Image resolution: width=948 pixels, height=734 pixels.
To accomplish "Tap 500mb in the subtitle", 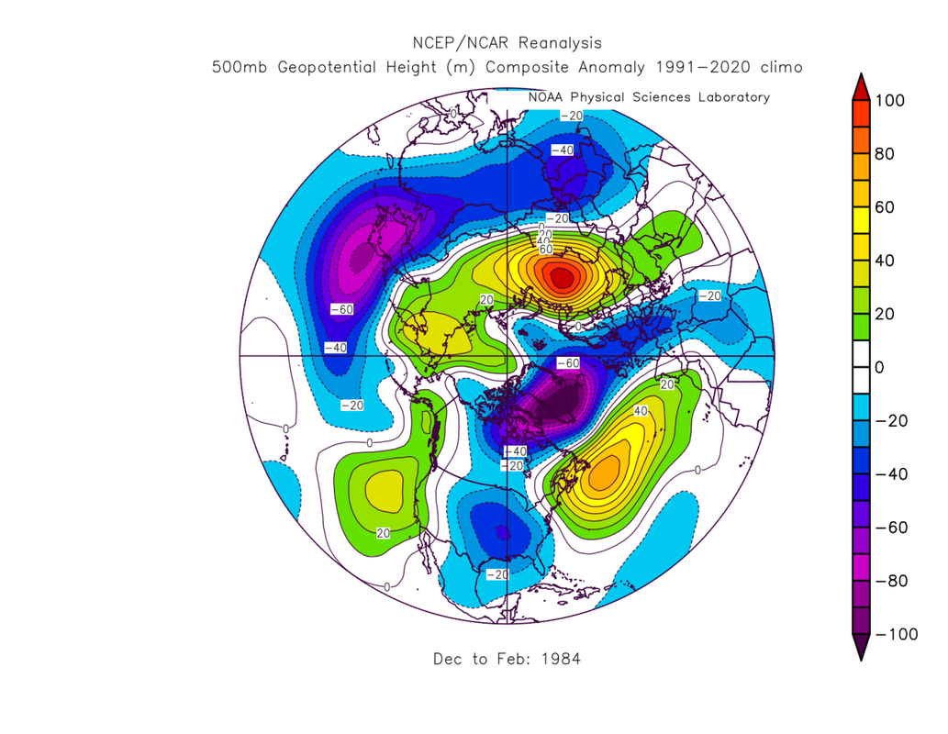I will [x=240, y=68].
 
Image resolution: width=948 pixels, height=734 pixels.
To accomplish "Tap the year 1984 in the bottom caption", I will [x=563, y=659].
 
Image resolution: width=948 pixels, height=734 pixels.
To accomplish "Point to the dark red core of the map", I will [x=560, y=274].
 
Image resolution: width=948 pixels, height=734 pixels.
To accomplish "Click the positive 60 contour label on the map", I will [x=544, y=250].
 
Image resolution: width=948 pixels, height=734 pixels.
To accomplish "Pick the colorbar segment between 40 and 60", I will [x=861, y=234].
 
